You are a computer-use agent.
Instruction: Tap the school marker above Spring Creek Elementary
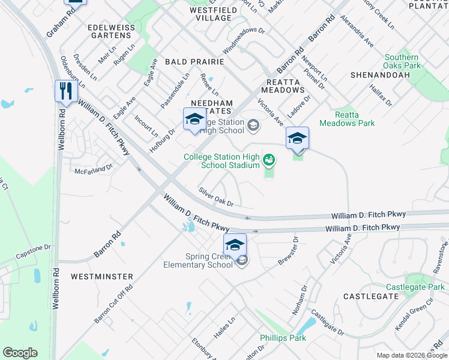coord(235,245)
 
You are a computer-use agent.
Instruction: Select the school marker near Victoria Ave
coord(297,138)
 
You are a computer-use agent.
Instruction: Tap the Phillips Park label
coord(283,338)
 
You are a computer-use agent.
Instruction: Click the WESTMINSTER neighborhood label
coord(101,277)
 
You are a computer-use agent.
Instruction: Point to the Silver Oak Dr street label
coord(216,197)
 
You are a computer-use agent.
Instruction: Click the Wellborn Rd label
coord(56,287)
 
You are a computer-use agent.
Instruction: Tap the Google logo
coord(20,353)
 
